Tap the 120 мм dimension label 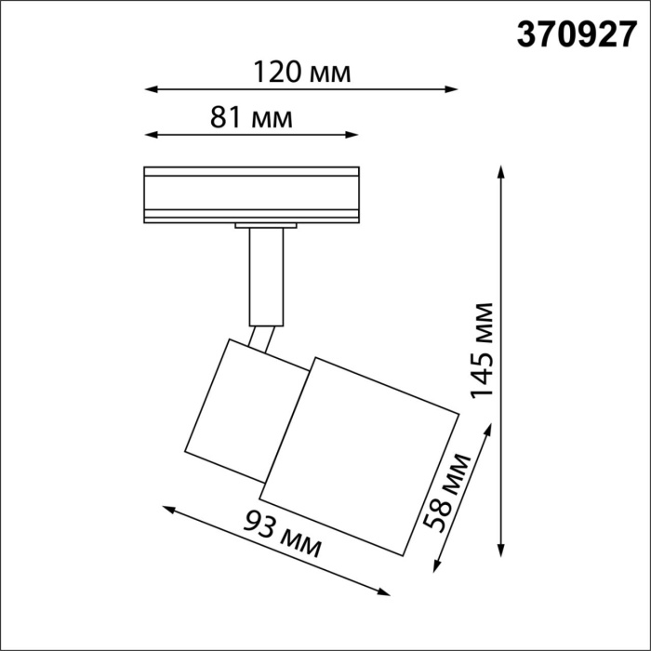pyautogui.click(x=301, y=72)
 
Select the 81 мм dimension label pyautogui.click(x=251, y=118)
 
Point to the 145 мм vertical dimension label pyautogui.click(x=483, y=350)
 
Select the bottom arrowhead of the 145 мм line pyautogui.click(x=501, y=551)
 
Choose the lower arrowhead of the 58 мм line pyautogui.click(x=436, y=567)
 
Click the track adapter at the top pyautogui.click(x=251, y=195)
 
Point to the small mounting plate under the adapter pyautogui.click(x=266, y=226)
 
